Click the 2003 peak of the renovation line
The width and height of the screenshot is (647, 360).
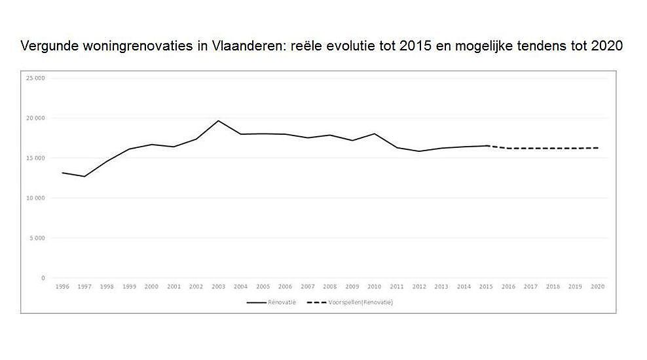[218, 120]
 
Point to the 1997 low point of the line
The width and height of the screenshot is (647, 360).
[84, 176]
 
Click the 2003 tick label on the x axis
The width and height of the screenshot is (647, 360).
[218, 287]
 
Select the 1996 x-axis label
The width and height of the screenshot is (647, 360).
[62, 287]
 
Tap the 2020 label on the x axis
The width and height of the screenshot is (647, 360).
[597, 287]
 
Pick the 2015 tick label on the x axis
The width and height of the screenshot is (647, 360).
[486, 287]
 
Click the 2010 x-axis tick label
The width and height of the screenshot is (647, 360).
[374, 287]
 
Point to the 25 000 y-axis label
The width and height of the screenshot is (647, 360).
[35, 78]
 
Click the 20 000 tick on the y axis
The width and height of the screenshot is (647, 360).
[35, 118]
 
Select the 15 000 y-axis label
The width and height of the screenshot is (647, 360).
[35, 158]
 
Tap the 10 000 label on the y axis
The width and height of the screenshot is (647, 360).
[35, 198]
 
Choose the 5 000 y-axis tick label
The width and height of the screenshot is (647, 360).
[37, 238]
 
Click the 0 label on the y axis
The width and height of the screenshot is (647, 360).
[43, 278]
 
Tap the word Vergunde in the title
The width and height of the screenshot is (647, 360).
[46, 46]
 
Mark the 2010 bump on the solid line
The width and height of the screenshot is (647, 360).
[374, 134]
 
